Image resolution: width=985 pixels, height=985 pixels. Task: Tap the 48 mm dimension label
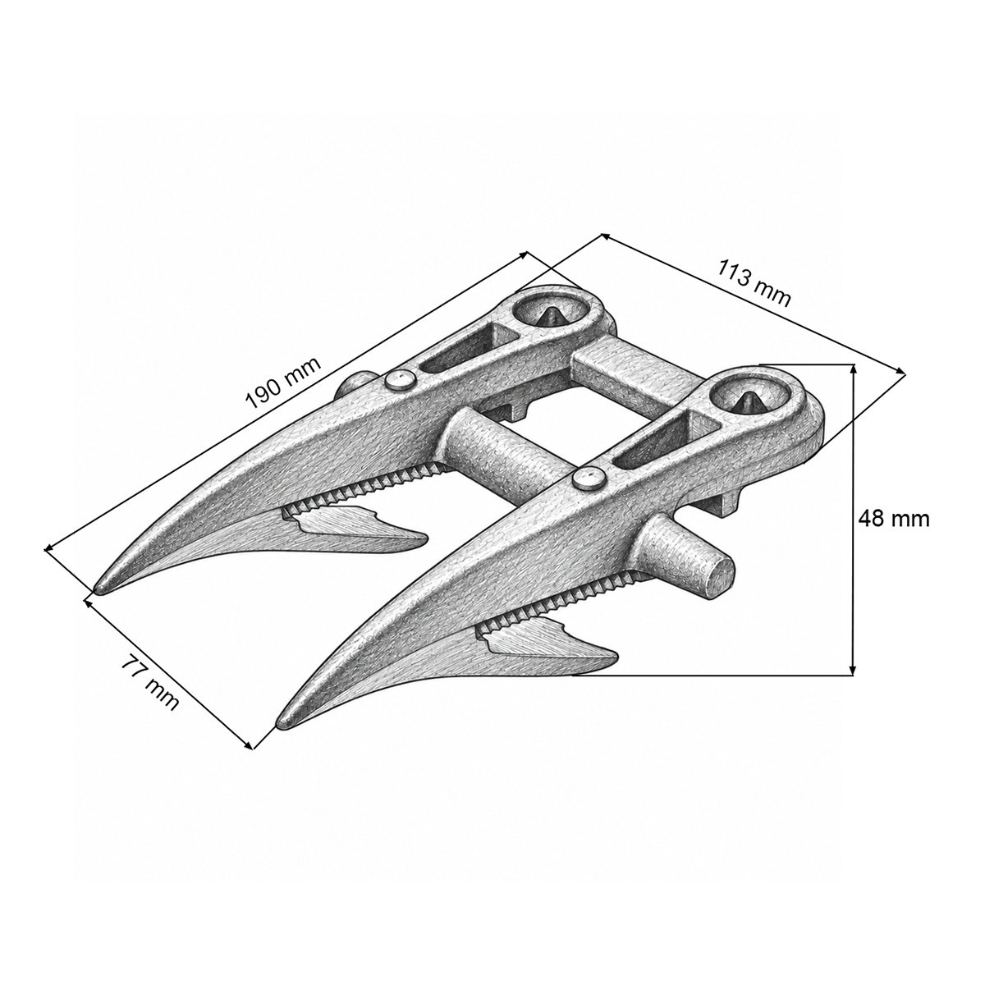pos(893,520)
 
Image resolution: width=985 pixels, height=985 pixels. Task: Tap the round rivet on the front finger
pos(589,479)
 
